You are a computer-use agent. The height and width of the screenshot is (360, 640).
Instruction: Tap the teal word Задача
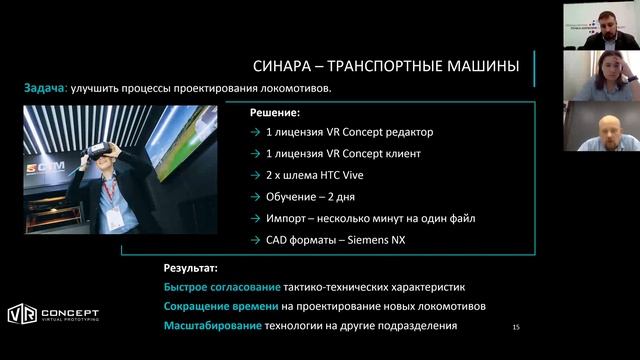coord(45,89)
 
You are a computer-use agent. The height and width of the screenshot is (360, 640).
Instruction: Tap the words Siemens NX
coord(379,239)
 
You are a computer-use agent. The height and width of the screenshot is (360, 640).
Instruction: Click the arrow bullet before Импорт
coord(257,218)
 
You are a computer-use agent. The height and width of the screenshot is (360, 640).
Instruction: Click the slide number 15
coord(516,327)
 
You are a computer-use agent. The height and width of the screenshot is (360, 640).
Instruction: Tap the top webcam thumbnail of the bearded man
coord(600,24)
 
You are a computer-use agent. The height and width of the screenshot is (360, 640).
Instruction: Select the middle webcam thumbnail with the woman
coord(600,76)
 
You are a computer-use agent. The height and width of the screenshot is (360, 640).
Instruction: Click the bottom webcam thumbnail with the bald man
coord(600,127)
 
